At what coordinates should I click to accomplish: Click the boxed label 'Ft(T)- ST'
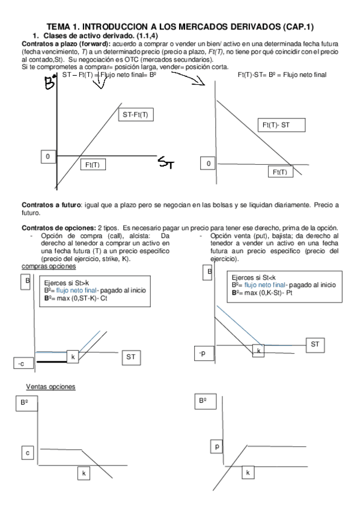[281, 125]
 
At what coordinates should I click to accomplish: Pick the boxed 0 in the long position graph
[47, 156]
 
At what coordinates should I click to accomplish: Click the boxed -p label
[203, 354]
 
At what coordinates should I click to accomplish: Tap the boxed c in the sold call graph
[27, 452]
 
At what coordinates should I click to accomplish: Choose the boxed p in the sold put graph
[217, 446]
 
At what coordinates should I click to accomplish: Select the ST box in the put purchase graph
[314, 344]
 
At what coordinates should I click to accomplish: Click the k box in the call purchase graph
[73, 357]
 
